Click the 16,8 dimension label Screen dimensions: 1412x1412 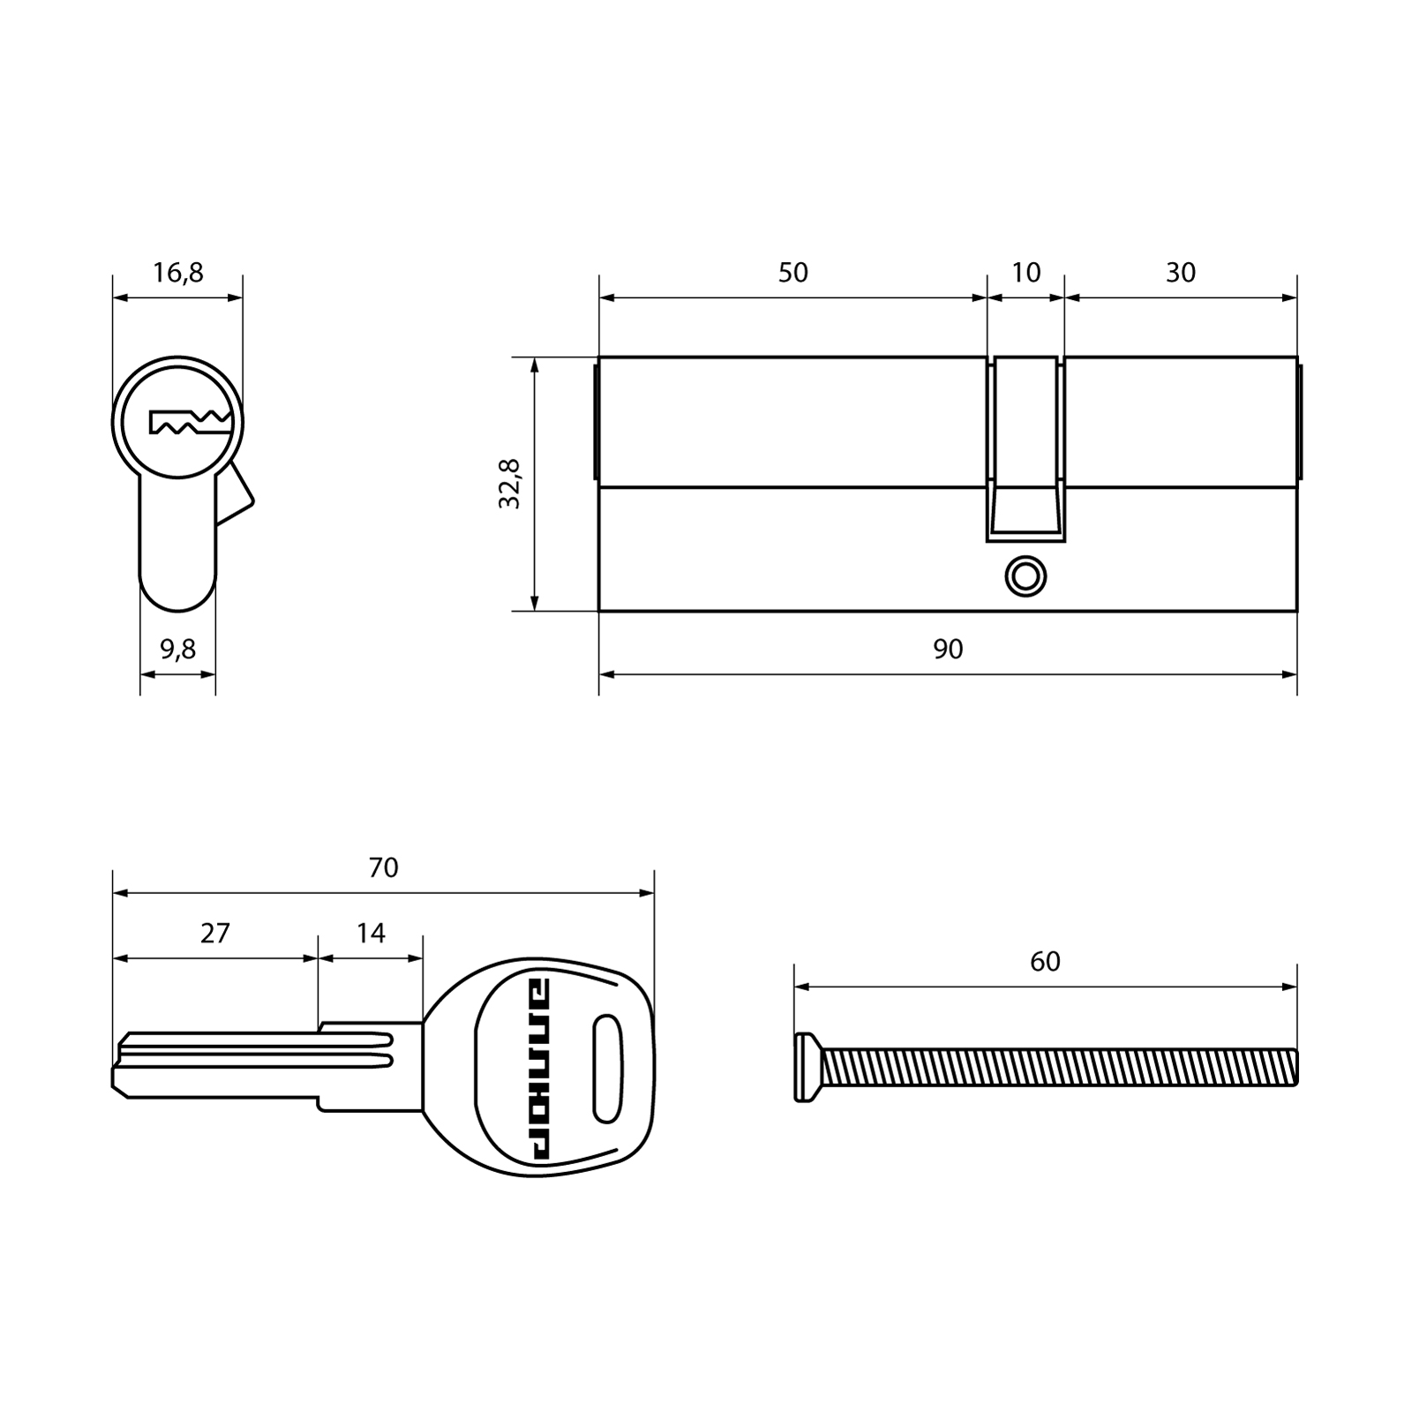click(177, 274)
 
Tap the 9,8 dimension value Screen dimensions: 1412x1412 click(177, 650)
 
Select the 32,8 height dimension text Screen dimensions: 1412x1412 click(510, 484)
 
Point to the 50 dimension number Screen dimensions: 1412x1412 click(792, 273)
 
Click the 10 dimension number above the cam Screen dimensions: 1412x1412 click(1025, 273)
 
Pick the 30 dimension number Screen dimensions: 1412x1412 click(1180, 273)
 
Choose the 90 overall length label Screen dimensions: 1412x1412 click(948, 650)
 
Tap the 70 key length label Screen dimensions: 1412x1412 click(383, 868)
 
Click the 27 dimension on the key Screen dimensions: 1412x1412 click(214, 933)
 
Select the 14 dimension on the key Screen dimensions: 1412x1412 click(371, 933)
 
